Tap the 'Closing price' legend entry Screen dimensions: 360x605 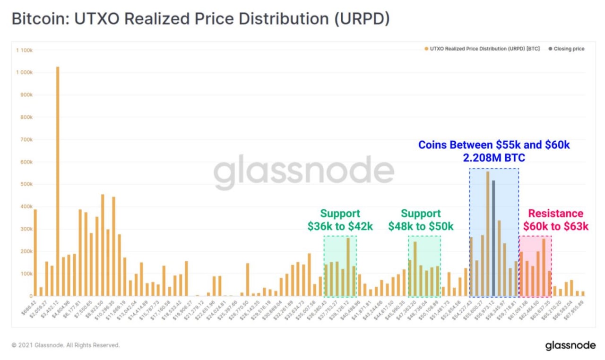coord(569,49)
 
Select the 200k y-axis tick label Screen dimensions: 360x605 coord(26,251)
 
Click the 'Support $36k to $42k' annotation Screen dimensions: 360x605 coord(340,220)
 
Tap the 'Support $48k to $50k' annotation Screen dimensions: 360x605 coord(421,220)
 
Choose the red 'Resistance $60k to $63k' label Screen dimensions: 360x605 coord(555,220)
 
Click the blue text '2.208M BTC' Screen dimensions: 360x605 coord(494,158)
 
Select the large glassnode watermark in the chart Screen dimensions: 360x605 coord(303,171)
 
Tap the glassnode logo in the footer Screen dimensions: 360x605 coord(570,345)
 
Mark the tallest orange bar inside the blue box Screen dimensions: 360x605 coord(488,233)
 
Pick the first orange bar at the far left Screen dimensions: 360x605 coord(35,252)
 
